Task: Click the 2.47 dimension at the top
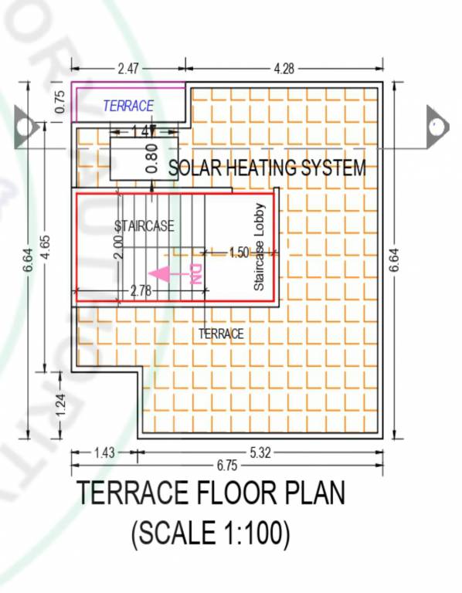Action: [128, 69]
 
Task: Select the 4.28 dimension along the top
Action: [284, 69]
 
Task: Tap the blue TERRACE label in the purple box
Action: [128, 106]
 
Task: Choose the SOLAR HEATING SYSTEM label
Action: [267, 167]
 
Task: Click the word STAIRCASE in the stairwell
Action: [144, 226]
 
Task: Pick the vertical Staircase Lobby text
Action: [260, 247]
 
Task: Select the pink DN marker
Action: [195, 275]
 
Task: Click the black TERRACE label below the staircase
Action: [221, 334]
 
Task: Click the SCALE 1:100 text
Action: [210, 534]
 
